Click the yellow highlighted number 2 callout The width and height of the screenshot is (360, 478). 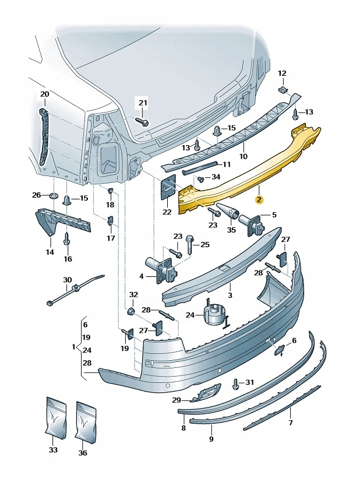[x=259, y=199]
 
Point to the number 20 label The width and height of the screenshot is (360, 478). [x=45, y=94]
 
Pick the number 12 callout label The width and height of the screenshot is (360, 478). [x=282, y=73]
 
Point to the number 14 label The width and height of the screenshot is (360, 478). [x=50, y=252]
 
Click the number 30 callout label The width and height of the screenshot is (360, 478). [x=67, y=280]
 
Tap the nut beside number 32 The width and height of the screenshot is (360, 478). [x=132, y=310]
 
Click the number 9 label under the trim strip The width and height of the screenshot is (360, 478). [x=211, y=438]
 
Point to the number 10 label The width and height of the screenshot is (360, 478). [x=243, y=156]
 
